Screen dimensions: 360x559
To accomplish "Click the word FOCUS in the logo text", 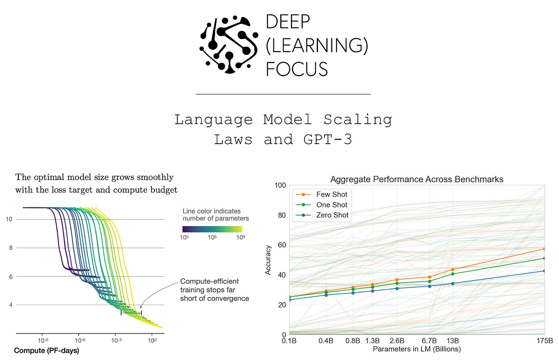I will (297, 70).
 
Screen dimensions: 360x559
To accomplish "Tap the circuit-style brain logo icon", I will (229, 45).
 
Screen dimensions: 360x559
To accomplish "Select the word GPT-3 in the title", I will (327, 139).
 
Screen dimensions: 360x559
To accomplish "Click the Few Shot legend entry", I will (331, 194).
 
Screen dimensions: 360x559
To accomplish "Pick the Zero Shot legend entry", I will (332, 215).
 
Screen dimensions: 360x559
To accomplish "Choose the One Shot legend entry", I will (332, 205).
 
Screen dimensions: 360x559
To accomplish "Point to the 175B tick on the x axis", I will (545, 341).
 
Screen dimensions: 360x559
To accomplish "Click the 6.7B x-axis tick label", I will (429, 341).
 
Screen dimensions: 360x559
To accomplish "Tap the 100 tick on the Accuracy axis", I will (280, 185).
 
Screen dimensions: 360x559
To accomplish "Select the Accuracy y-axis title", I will (268, 260).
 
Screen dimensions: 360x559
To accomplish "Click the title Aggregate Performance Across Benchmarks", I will (417, 179).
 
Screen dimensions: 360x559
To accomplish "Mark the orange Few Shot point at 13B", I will (453, 270).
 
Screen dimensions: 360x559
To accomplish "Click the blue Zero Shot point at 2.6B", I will (397, 289).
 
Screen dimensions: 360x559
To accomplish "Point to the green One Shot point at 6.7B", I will (429, 281).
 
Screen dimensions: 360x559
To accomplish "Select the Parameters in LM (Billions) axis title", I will (417, 349).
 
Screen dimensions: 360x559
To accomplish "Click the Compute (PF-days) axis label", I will (46, 350).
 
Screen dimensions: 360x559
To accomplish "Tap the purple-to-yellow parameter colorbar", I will (212, 229).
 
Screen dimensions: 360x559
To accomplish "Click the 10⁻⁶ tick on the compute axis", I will (79, 340).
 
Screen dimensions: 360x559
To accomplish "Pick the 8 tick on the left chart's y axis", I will (11, 248).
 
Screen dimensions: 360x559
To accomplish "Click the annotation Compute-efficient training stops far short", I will (214, 290).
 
